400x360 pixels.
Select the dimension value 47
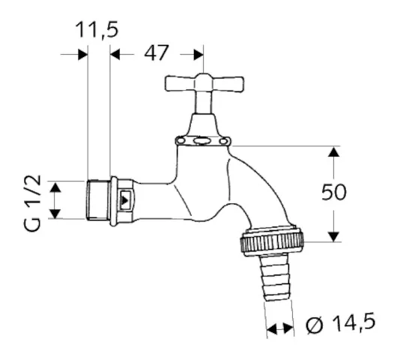(x=156, y=53)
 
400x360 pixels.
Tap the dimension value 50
(x=334, y=192)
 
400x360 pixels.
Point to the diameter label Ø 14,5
(x=341, y=325)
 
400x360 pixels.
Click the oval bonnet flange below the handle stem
(x=201, y=140)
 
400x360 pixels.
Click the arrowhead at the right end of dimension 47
(x=198, y=53)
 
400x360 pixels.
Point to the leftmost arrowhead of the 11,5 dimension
(x=82, y=54)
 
